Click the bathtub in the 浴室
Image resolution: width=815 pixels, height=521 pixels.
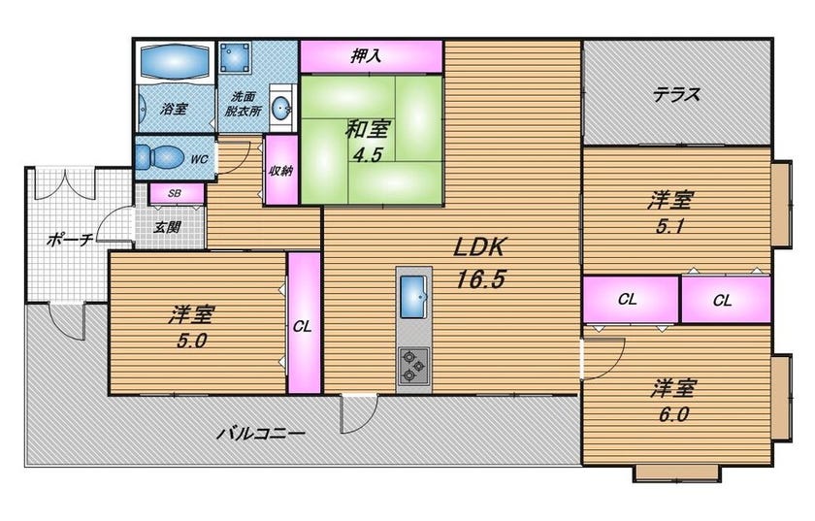click(176, 62)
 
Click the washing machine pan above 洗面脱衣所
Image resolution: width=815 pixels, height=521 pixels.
click(235, 57)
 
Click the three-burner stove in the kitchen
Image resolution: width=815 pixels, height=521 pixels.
click(413, 367)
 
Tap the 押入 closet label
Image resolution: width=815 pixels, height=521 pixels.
click(366, 55)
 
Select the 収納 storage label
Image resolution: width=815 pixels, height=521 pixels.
click(281, 171)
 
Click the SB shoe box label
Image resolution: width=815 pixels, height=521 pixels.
click(175, 193)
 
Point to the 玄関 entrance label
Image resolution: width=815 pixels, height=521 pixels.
click(167, 227)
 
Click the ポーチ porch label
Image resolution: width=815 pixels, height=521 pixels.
click(70, 240)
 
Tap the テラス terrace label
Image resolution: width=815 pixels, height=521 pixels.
click(677, 95)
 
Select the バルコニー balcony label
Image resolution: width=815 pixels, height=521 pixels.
click(260, 433)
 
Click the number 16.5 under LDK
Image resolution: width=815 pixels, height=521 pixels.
click(480, 280)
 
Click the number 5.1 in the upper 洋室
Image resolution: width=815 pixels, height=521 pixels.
click(669, 226)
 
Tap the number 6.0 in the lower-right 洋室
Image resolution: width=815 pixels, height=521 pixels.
click(673, 414)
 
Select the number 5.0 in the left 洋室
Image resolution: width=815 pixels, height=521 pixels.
click(192, 341)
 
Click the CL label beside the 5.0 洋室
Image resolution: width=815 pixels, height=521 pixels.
click(302, 327)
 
